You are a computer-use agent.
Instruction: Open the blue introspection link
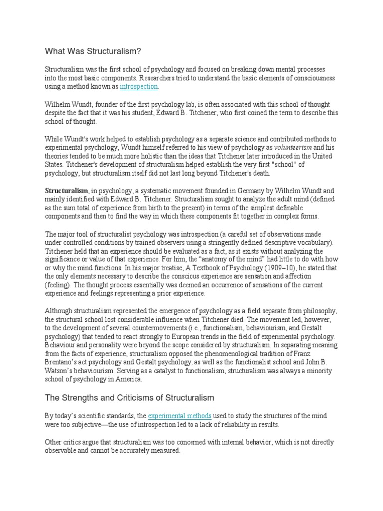(x=139, y=87)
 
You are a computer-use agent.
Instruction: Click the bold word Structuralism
(x=67, y=190)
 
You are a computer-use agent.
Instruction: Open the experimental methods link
(x=180, y=415)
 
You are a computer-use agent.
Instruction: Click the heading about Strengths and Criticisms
(x=130, y=398)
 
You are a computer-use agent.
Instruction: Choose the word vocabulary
(x=299, y=242)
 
